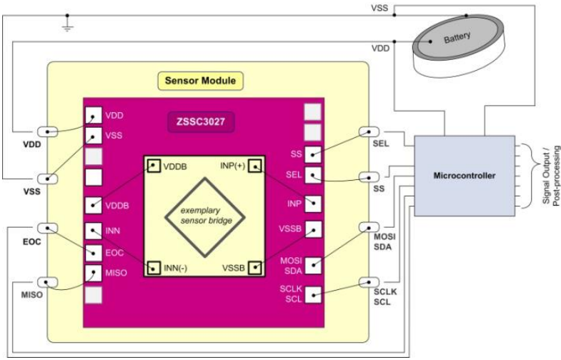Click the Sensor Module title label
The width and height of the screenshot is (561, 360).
point(202,80)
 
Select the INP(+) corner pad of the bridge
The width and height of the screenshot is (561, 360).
point(254,166)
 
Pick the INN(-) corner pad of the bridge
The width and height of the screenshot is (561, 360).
point(153,268)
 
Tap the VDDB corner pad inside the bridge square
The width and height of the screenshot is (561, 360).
point(153,166)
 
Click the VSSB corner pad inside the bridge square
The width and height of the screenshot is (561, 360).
point(254,268)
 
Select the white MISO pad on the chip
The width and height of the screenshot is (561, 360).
point(94,273)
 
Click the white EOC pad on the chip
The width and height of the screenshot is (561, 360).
point(94,252)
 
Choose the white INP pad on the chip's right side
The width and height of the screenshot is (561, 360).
point(313,204)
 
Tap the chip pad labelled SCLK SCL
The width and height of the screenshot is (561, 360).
point(313,292)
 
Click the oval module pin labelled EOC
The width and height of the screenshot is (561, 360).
point(46,228)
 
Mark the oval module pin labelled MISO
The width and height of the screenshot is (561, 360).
point(46,281)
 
